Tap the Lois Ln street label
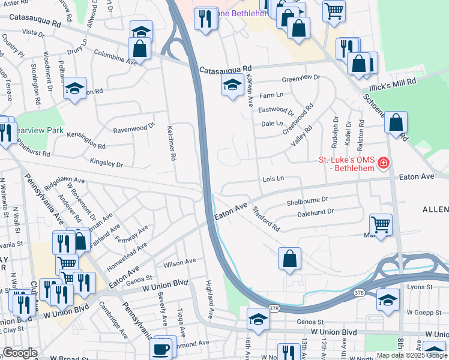(x=273, y=179)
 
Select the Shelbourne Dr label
(x=308, y=200)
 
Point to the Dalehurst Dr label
(x=315, y=211)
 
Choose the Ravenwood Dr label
(x=134, y=128)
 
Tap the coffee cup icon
(x=161, y=348)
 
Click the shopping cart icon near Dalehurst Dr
(x=381, y=224)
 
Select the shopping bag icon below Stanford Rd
(x=289, y=259)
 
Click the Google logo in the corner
(x=19, y=353)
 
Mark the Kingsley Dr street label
(x=106, y=163)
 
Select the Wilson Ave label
(x=179, y=262)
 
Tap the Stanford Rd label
(x=266, y=219)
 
